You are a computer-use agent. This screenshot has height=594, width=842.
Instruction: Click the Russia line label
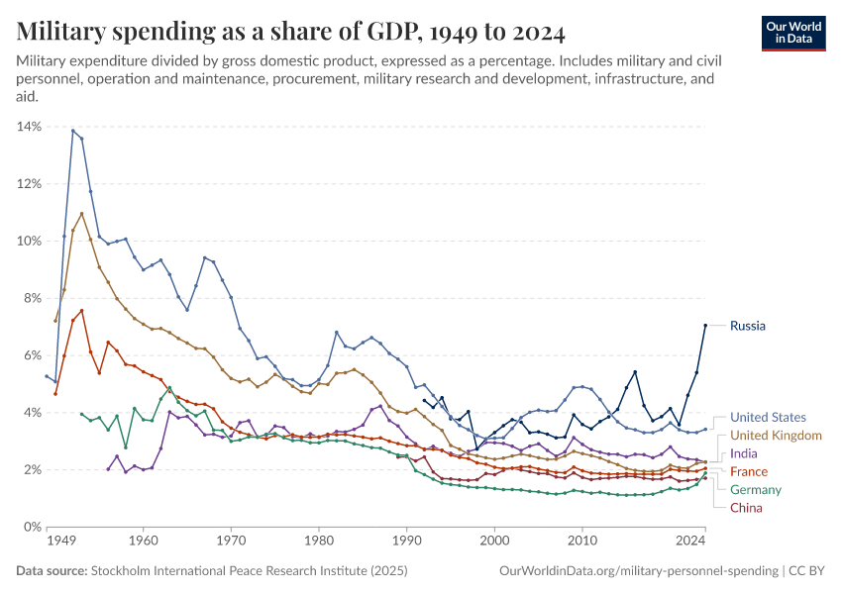pos(747,326)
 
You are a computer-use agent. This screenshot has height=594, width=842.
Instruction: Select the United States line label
pos(768,418)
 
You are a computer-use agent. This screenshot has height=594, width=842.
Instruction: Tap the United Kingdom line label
pos(776,436)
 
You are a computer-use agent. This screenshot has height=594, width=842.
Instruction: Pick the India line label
pos(744,453)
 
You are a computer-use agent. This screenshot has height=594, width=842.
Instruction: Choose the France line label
pos(749,471)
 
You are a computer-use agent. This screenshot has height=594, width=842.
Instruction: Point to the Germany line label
pos(756,490)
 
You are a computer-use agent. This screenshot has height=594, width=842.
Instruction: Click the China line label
pos(746,508)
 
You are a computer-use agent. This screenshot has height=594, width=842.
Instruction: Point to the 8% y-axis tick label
pos(31,298)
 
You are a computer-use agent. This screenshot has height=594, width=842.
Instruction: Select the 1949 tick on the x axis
pos(61,543)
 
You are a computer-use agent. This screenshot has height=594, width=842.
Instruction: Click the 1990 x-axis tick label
pos(406,543)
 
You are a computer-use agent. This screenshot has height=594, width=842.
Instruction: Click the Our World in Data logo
pos(792,33)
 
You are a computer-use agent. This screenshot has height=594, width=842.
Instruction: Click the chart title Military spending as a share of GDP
pos(290,33)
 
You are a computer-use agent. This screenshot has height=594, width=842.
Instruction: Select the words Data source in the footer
pos(52,571)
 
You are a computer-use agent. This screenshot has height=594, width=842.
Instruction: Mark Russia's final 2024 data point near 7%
pos(705,325)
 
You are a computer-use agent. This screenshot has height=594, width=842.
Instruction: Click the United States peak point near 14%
pos(72,130)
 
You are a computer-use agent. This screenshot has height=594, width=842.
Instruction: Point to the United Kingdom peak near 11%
pos(81,213)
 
